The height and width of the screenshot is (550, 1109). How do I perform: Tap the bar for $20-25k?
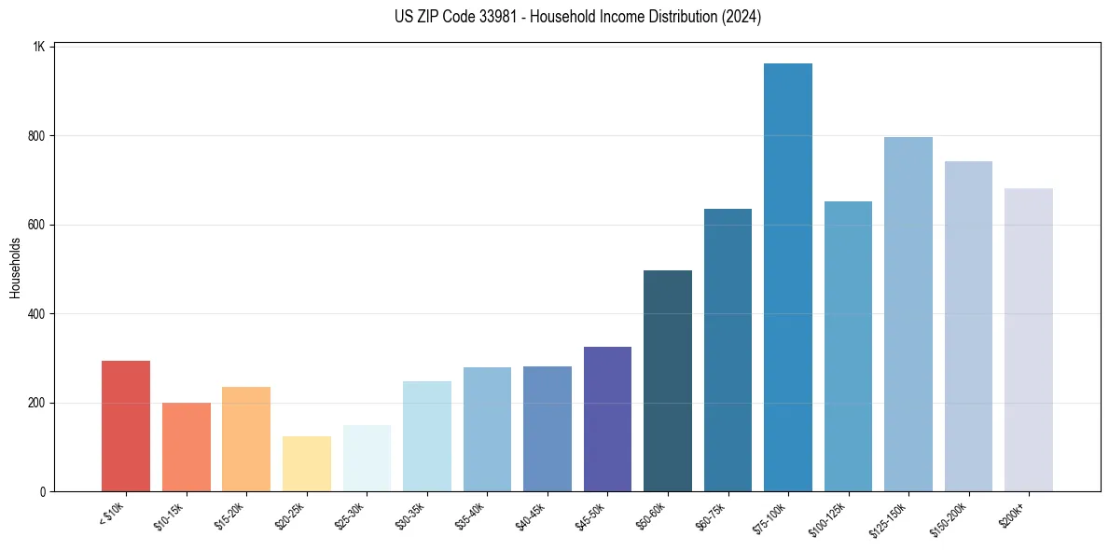click(x=306, y=463)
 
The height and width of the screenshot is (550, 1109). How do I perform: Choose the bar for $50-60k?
click(x=667, y=381)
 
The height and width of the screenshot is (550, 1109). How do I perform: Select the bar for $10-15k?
click(x=186, y=447)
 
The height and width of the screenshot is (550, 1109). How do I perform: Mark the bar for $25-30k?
click(x=367, y=458)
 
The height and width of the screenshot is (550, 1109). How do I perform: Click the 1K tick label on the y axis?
click(x=39, y=47)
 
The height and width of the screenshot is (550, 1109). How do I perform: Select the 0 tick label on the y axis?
click(x=43, y=492)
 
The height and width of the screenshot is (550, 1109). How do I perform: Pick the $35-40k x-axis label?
click(x=470, y=516)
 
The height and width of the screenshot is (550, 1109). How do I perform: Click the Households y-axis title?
click(x=15, y=268)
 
